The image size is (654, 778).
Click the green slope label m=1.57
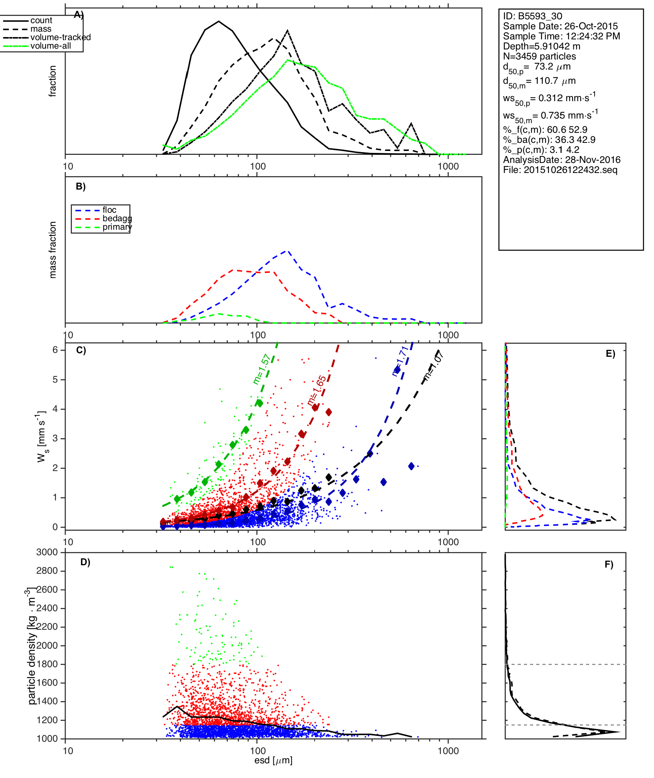[x=261, y=370]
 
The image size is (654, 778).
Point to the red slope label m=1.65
[x=317, y=391]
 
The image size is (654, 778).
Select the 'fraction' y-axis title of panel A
[x=53, y=81]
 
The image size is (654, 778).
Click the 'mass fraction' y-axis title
[x=53, y=250]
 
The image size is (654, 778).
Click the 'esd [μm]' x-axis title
[x=273, y=761]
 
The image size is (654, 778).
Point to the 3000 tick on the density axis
[x=47, y=553]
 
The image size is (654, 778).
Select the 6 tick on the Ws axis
[x=56, y=350]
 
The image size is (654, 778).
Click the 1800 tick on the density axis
[x=47, y=664]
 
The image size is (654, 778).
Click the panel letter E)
[x=610, y=354]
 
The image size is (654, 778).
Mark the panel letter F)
[x=609, y=565]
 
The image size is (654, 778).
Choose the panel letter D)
[x=85, y=562]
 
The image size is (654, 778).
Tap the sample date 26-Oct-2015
[x=591, y=26]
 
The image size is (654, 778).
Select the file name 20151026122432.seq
[x=571, y=170]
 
